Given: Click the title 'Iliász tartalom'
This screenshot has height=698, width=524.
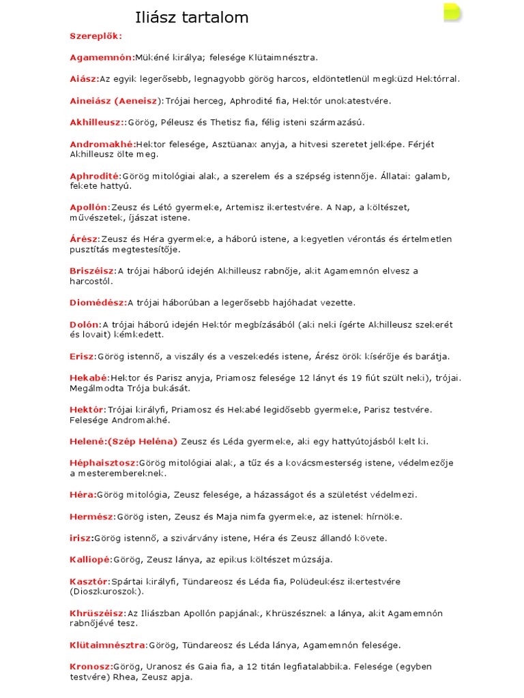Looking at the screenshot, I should click(x=192, y=17).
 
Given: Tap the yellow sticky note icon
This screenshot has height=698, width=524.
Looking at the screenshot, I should click(x=451, y=12).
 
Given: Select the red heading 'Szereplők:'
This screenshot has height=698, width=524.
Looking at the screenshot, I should click(x=96, y=35).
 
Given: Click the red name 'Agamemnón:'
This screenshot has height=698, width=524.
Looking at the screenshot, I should click(x=102, y=57).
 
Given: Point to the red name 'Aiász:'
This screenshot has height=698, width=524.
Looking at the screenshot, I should click(x=85, y=79).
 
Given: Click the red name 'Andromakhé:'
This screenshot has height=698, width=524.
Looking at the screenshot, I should click(x=102, y=145).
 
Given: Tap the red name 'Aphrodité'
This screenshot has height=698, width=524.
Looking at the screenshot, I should click(x=94, y=176).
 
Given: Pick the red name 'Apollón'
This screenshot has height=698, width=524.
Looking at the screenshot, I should click(x=89, y=207).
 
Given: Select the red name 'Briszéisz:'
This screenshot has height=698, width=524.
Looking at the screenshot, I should click(x=93, y=271).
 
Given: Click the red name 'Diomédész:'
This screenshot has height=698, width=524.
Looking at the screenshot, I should click(x=98, y=303).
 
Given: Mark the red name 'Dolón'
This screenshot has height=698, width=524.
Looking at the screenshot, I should click(x=84, y=324).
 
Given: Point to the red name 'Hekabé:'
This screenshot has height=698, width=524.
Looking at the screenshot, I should click(x=89, y=378).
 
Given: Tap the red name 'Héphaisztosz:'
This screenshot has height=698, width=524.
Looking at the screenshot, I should click(x=104, y=463).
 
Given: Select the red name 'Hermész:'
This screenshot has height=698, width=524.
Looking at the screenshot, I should click(x=91, y=516).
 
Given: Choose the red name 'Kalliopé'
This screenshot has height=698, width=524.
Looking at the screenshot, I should click(x=89, y=560).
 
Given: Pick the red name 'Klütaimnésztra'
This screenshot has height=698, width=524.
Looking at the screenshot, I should click(x=107, y=645).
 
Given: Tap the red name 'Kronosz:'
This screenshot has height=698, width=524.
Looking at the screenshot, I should click(x=91, y=667).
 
